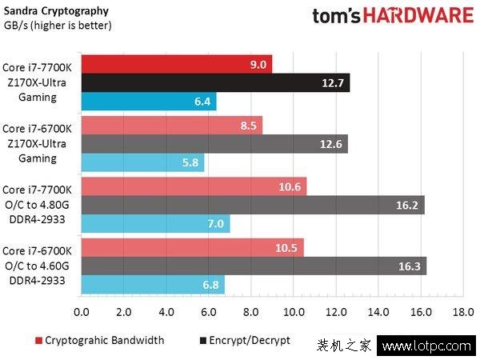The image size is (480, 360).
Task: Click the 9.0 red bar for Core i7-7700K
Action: pos(176,64)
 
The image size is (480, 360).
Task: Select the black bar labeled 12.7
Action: pos(215,82)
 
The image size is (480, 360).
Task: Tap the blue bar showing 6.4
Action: pos(148,102)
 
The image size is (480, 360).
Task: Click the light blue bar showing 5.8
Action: pos(142,163)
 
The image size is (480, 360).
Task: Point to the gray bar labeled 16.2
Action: pos(253,205)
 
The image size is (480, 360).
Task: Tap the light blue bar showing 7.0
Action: pos(155,224)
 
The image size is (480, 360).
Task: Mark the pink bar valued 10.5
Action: pos(192,247)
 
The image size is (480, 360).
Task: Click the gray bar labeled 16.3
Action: pos(254,266)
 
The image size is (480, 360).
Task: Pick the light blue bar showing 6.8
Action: pos(153,285)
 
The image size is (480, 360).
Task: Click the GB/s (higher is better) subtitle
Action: pos(58,26)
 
